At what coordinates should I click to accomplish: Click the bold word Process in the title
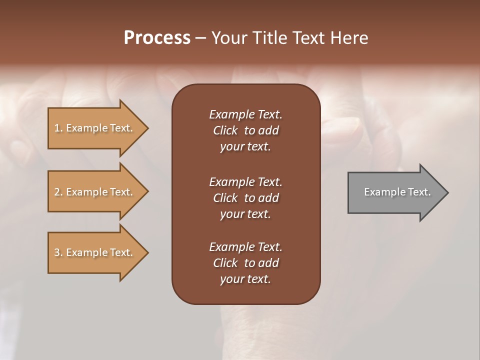point(157,38)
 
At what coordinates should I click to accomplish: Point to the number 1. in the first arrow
point(58,128)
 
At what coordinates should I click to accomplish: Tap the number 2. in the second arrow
point(58,192)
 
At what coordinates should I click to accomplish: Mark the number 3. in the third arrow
point(58,252)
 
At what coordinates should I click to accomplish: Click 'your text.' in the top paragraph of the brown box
point(245,147)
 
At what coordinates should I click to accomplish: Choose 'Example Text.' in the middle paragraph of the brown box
point(245,181)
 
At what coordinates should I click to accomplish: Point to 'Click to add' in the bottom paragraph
point(245,263)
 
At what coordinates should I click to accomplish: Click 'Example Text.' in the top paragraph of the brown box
point(245,114)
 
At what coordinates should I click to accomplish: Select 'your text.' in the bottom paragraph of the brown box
point(245,279)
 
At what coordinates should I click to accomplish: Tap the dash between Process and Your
point(200,38)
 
